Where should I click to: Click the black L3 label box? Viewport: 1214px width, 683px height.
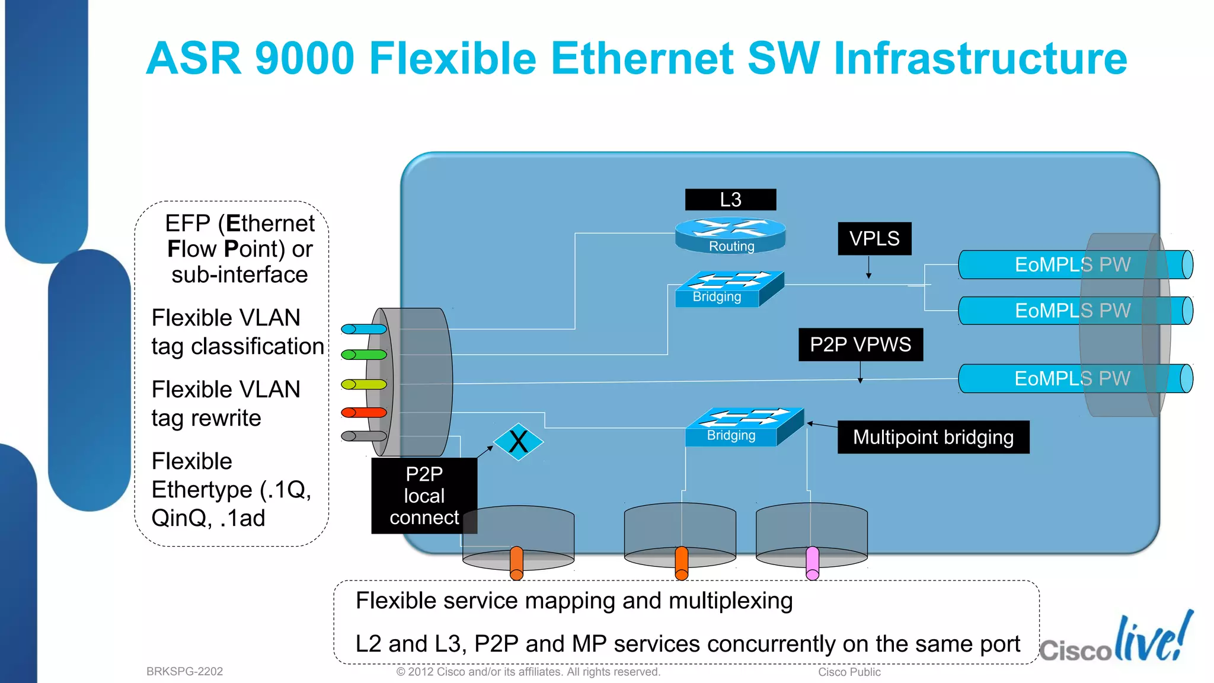click(730, 200)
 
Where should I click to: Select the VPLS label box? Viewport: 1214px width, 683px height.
click(874, 238)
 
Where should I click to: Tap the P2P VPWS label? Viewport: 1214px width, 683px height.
click(860, 344)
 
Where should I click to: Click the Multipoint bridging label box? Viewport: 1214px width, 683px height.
click(933, 437)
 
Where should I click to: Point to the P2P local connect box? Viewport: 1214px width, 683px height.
click(424, 496)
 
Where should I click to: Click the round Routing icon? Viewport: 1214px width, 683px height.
click(730, 235)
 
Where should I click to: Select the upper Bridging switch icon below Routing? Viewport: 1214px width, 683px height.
click(729, 289)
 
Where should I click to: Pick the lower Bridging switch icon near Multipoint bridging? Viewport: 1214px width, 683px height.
click(744, 426)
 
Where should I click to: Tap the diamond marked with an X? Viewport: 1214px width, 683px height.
click(518, 442)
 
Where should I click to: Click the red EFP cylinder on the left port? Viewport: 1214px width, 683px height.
click(364, 413)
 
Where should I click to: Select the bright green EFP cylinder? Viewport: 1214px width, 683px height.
click(364, 355)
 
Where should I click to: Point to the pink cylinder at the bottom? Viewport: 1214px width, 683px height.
click(813, 563)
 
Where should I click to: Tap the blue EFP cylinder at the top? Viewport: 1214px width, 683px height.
click(364, 329)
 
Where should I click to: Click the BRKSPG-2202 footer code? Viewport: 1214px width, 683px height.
click(184, 671)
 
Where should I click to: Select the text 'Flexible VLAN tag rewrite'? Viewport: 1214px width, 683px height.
click(226, 404)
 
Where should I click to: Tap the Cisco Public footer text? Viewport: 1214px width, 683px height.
click(849, 672)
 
